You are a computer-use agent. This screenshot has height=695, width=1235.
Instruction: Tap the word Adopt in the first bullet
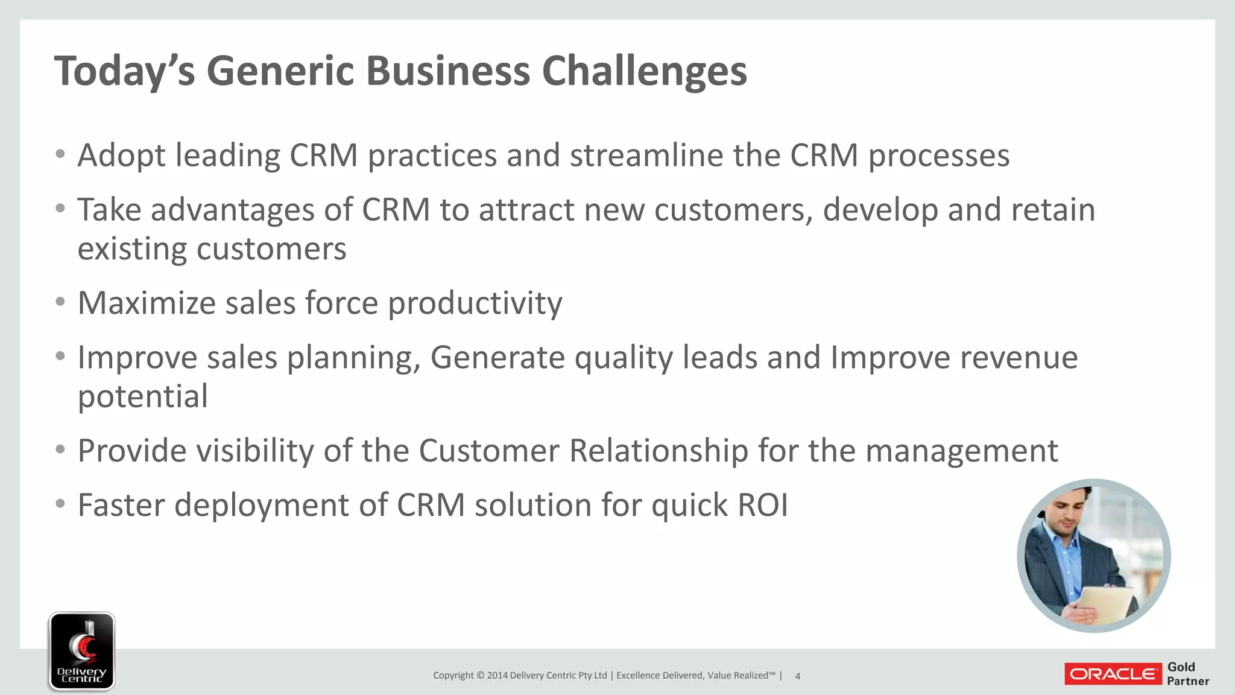point(121,156)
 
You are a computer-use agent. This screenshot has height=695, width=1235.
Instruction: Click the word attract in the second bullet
point(526,211)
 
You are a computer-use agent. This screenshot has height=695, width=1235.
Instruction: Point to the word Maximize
point(147,303)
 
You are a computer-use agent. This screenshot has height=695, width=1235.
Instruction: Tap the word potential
point(143,397)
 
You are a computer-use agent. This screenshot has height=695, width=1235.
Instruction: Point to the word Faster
point(121,505)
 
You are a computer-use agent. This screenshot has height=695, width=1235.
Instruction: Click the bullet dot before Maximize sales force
point(60,302)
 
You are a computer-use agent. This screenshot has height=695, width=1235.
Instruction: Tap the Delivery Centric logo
point(82,650)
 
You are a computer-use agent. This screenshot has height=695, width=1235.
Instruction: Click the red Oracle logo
point(1113,674)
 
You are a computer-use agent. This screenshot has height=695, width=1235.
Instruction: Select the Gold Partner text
point(1187,674)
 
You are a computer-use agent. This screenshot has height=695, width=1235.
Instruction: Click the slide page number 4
point(797,676)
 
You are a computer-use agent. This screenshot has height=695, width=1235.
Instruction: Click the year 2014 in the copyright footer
point(497,676)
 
